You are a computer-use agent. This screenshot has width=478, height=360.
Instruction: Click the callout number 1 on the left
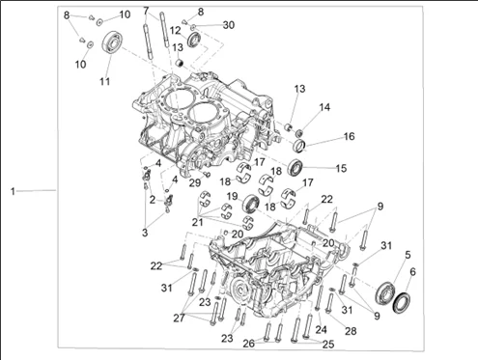pos(13,191)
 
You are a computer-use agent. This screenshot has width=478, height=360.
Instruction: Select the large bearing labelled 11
pos(113,42)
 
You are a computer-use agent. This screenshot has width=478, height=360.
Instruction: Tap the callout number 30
pos(229,25)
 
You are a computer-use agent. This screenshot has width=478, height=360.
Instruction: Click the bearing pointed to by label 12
pos(194,40)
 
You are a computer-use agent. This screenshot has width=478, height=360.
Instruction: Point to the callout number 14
pos(324,107)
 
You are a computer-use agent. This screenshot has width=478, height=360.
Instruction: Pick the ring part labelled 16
pos(299,146)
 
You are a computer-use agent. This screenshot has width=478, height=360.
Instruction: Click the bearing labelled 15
pos(295,168)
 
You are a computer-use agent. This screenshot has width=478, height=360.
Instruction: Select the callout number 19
pos(232,196)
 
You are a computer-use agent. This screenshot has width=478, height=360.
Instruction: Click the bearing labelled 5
pos(385,292)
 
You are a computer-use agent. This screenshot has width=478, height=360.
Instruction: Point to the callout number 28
pos(351,331)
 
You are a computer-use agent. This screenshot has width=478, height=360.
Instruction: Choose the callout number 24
pos(321,329)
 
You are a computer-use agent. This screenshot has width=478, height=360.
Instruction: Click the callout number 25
pos(328,345)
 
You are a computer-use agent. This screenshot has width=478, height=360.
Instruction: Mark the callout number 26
pos(248,344)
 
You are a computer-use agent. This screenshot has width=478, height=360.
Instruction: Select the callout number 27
pos(179,318)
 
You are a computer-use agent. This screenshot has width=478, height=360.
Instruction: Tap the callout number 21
pos(197,222)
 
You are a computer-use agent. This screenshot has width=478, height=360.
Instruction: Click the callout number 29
pos(195,183)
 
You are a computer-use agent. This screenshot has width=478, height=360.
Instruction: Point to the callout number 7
pos(146,11)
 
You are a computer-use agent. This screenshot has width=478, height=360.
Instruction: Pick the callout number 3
pos(145,233)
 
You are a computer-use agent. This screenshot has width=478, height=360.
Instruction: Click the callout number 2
pos(153,200)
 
